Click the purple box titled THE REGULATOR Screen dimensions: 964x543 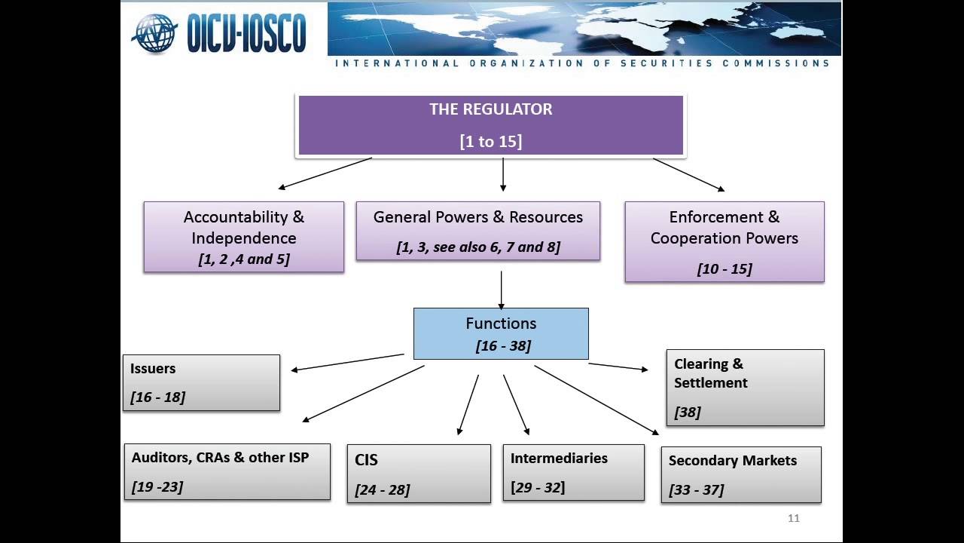tap(490, 125)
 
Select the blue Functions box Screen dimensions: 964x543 tap(501, 333)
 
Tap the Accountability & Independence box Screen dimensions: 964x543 tap(244, 237)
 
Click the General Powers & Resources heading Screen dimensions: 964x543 tap(478, 216)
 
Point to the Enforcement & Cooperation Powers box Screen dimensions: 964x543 tap(725, 242)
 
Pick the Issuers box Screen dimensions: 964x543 tap(201, 382)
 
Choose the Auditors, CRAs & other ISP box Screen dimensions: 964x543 tap(227, 471)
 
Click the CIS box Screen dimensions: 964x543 tap(419, 474)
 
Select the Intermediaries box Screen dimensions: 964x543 tap(574, 473)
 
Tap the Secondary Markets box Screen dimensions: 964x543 tap(741, 474)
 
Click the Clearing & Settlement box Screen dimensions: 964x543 tap(746, 388)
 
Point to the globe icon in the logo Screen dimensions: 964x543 tap(154, 33)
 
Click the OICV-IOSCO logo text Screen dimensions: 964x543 tap(246, 33)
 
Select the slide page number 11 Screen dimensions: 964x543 tap(794, 518)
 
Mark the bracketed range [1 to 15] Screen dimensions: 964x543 tap(490, 141)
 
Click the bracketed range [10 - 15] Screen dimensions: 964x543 tap(725, 269)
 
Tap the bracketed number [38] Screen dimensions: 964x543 tap(688, 412)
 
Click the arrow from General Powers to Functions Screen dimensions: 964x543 tap(501, 290)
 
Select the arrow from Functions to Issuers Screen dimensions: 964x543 tap(348, 362)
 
